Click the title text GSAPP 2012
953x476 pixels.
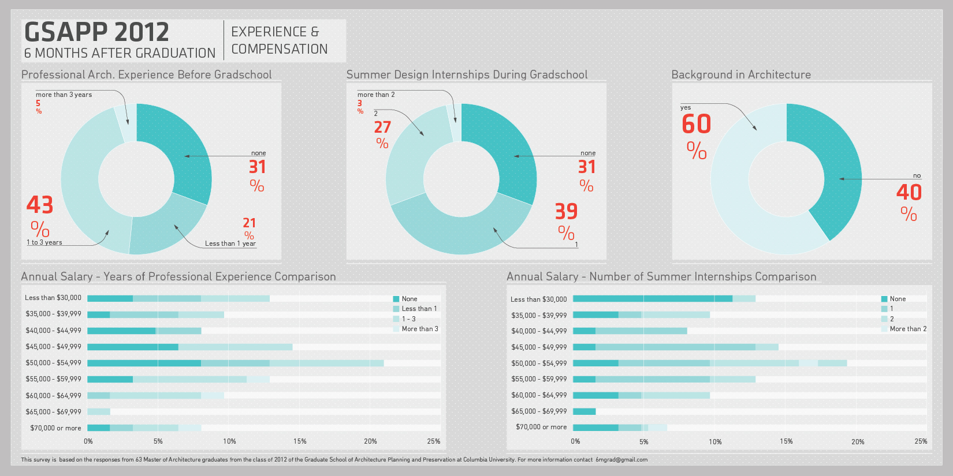click(x=96, y=32)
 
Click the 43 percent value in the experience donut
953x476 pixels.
click(x=40, y=205)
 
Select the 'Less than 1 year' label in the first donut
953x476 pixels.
click(x=230, y=243)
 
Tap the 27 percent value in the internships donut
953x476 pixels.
click(x=382, y=128)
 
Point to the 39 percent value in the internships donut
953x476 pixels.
click(x=566, y=211)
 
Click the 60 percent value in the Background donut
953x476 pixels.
click(x=696, y=124)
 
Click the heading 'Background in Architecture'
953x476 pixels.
click(x=740, y=74)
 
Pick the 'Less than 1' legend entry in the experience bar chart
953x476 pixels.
click(x=419, y=309)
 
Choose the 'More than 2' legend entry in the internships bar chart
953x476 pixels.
click(x=907, y=329)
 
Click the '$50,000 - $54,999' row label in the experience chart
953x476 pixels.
click(x=53, y=363)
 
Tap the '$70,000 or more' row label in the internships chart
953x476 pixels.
click(x=541, y=427)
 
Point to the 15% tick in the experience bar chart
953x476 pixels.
click(x=300, y=441)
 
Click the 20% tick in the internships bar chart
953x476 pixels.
click(x=858, y=441)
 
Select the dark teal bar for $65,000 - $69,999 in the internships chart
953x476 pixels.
click(x=584, y=411)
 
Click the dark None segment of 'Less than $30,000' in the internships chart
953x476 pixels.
click(x=652, y=299)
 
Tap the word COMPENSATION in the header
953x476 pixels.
click(x=280, y=50)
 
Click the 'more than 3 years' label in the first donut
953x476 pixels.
click(x=64, y=95)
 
